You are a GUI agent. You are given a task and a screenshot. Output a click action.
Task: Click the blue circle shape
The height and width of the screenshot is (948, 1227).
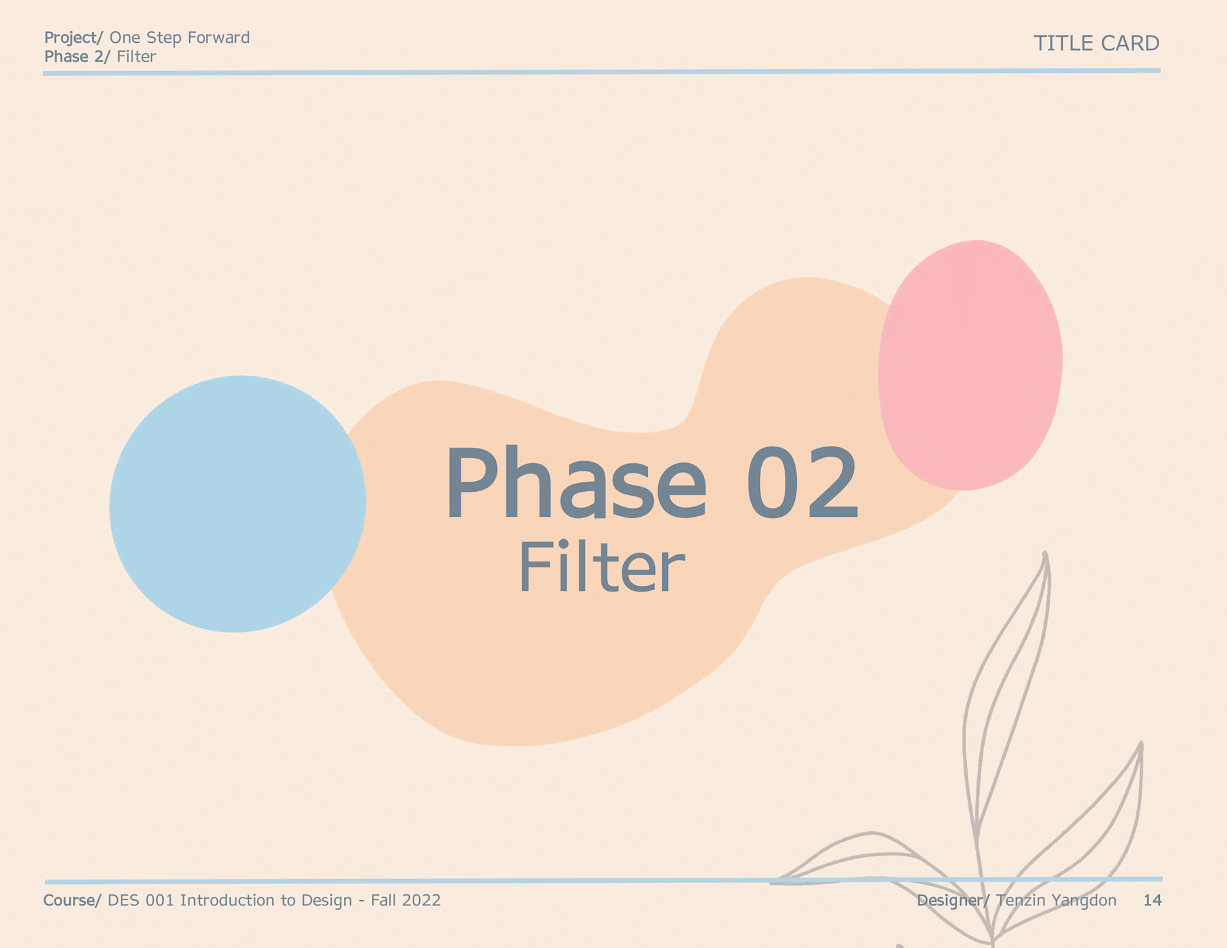(x=237, y=504)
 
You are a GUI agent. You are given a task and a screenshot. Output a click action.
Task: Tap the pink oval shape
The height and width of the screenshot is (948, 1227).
(x=970, y=365)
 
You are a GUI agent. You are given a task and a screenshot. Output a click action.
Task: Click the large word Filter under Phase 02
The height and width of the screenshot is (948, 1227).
(x=601, y=567)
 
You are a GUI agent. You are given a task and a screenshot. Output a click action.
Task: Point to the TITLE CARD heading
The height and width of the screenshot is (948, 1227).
(x=1097, y=43)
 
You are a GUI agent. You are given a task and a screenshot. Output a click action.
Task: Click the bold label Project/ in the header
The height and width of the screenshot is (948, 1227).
(x=73, y=38)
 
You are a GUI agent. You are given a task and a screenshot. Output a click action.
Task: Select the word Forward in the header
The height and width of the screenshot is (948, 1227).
(x=219, y=38)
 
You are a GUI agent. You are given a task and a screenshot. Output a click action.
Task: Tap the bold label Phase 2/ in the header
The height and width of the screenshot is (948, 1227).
(x=77, y=57)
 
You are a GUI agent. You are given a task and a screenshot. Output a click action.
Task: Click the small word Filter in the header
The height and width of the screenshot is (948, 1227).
(x=137, y=57)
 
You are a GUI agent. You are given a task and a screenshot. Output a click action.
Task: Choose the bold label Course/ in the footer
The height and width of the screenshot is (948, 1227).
(x=72, y=900)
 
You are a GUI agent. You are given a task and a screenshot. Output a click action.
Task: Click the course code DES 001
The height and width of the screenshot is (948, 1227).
(x=141, y=900)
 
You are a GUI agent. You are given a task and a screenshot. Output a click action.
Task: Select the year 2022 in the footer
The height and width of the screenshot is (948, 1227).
(x=422, y=900)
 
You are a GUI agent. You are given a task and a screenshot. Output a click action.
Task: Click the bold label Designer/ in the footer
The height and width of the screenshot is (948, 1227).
(x=953, y=901)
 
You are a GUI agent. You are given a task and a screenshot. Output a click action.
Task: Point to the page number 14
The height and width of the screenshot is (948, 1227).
(x=1152, y=900)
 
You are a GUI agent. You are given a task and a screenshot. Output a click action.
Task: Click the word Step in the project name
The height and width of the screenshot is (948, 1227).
(x=164, y=38)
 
